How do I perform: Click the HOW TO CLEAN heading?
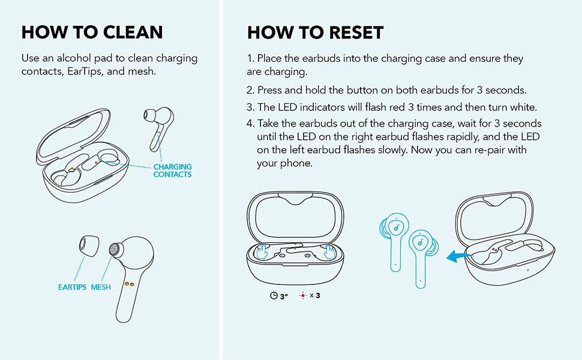92,32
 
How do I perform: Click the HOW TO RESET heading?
315,32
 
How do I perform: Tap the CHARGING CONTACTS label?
173,171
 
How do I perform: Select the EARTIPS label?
72,287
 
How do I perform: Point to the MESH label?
101,287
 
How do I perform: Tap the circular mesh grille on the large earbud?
115,250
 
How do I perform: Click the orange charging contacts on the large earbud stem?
129,284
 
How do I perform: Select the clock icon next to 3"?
274,296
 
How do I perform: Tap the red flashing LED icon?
303,296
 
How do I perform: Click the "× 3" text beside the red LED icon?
315,296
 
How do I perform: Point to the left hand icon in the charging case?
263,251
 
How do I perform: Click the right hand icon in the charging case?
329,251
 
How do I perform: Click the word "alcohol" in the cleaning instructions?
73,58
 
